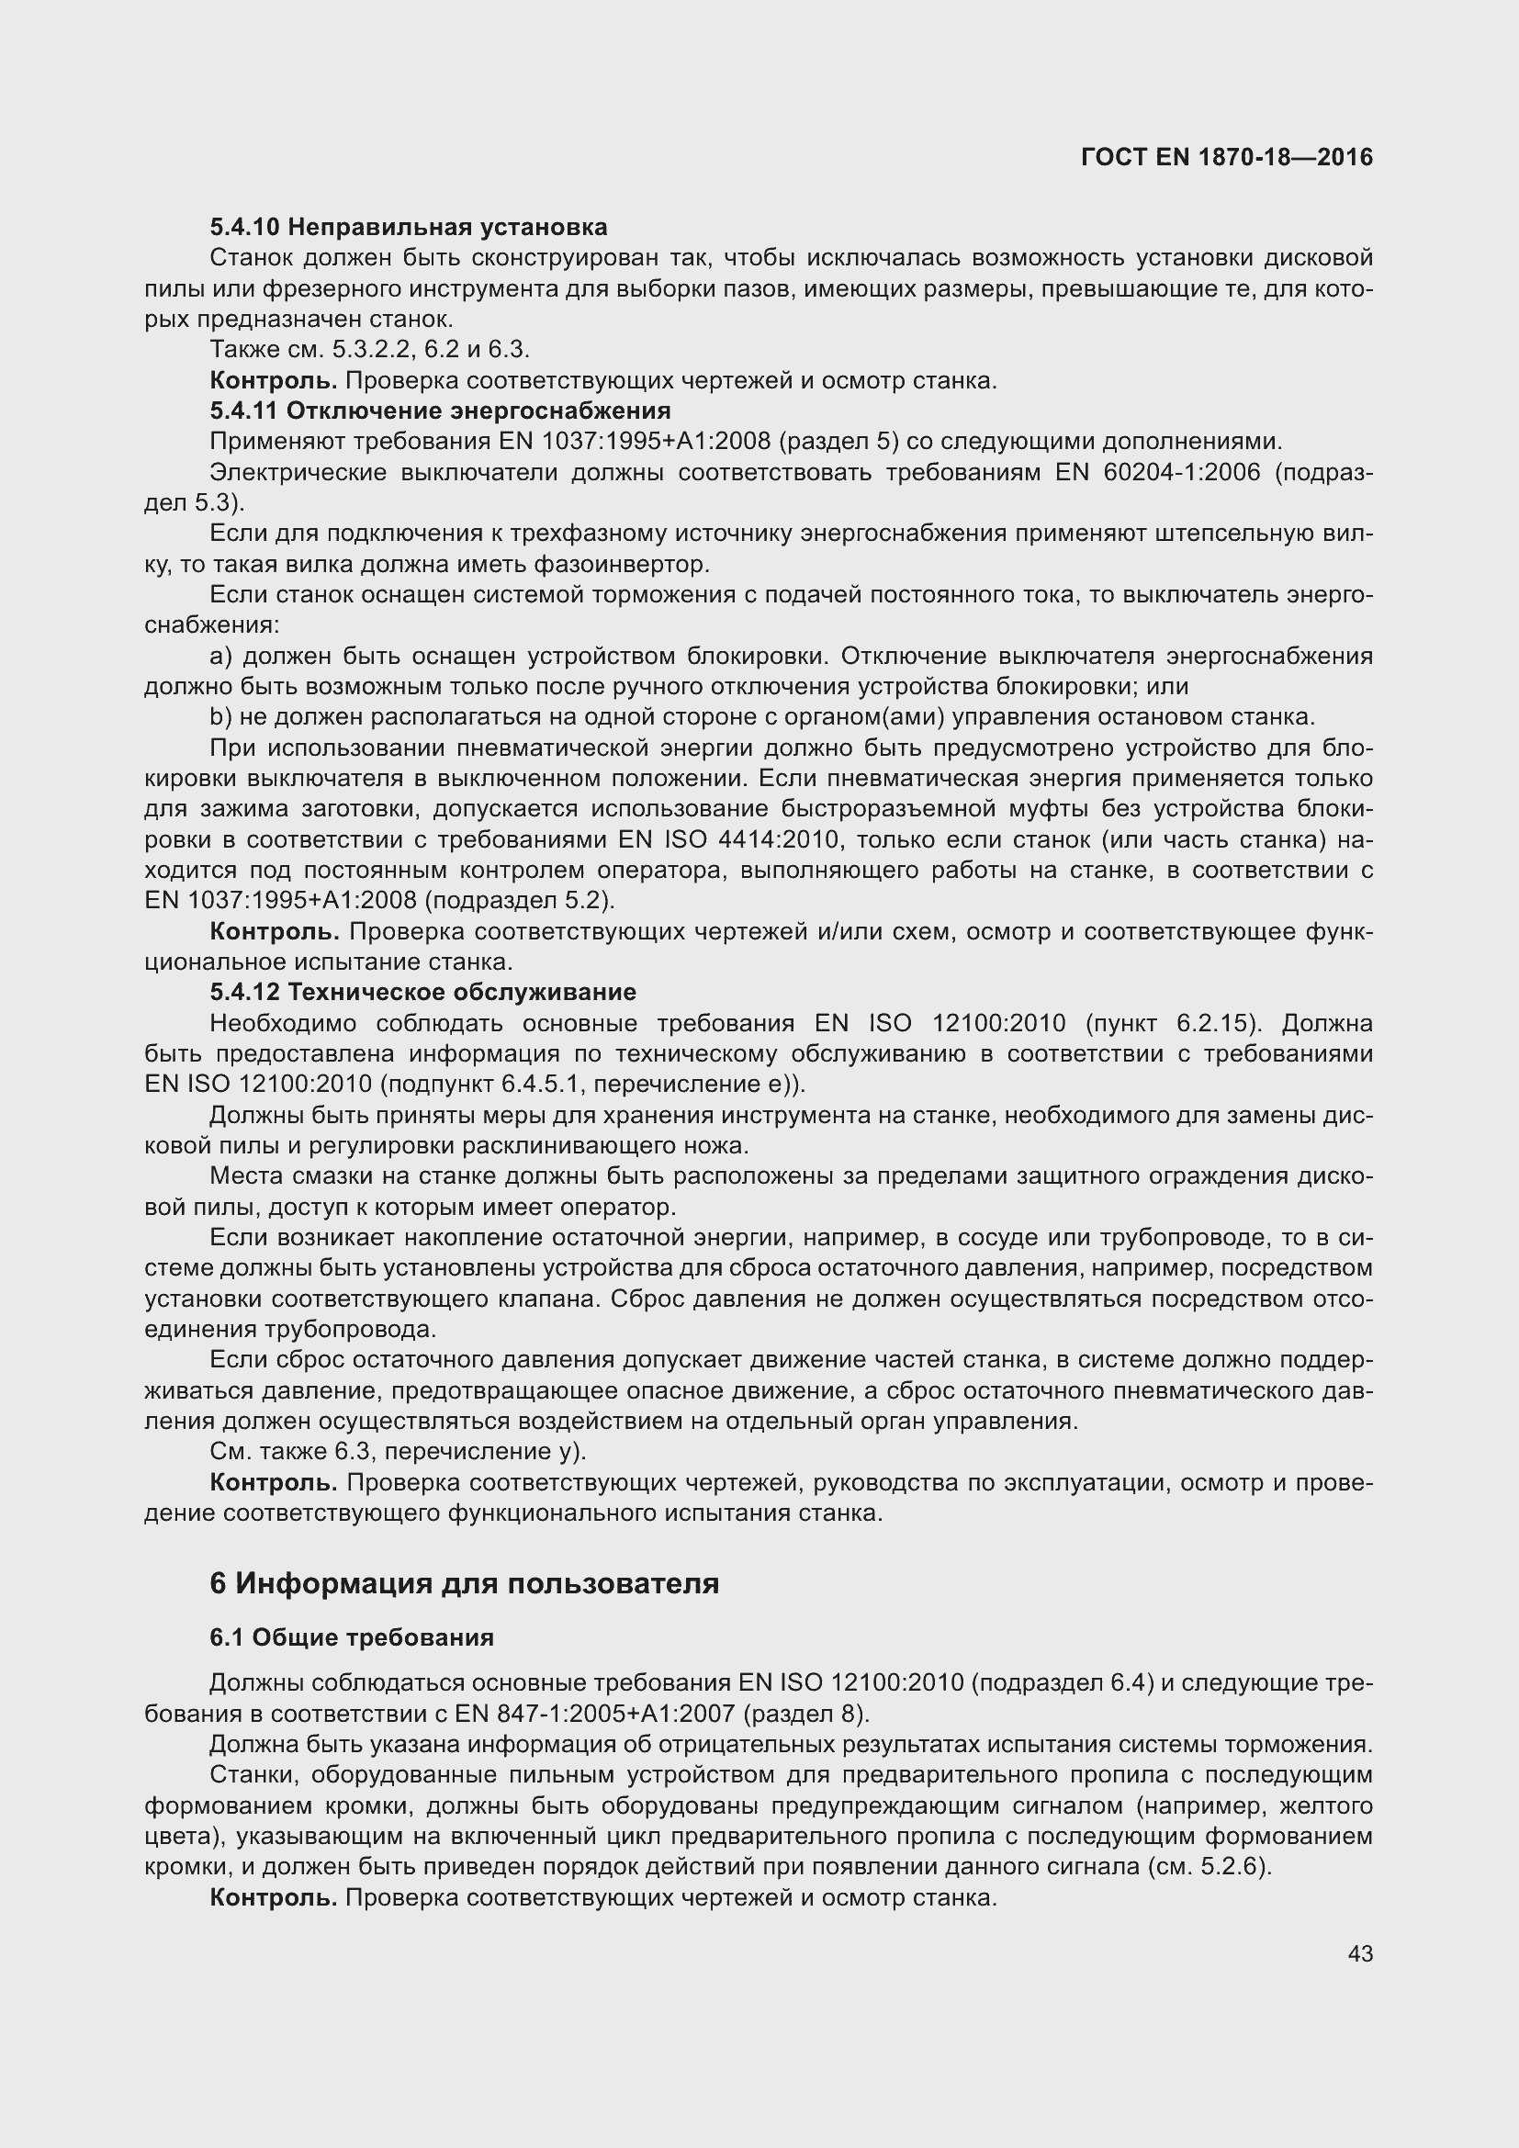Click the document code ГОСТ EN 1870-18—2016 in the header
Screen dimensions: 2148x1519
pyautogui.click(x=1226, y=157)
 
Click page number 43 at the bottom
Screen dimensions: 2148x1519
pyautogui.click(x=1360, y=1953)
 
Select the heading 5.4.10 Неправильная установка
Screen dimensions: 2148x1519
pyautogui.click(x=408, y=227)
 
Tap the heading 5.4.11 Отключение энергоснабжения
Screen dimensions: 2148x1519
pyautogui.click(x=440, y=410)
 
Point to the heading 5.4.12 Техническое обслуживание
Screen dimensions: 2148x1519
pyautogui.click(x=422, y=992)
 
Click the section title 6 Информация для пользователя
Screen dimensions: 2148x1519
pyautogui.click(x=464, y=1583)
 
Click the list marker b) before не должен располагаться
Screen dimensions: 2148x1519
pyautogui.click(x=220, y=716)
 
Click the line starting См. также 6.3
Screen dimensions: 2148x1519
pyautogui.click(x=398, y=1451)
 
